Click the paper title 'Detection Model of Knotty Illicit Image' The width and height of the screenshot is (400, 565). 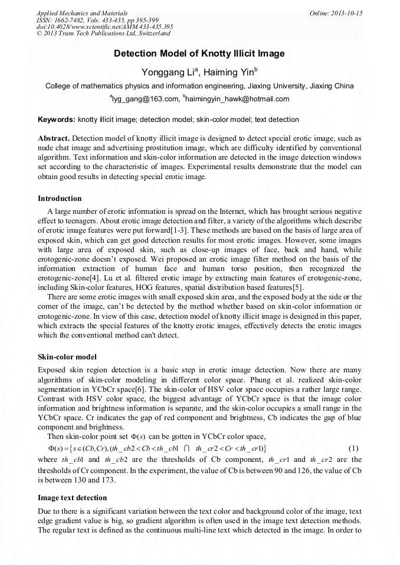199,54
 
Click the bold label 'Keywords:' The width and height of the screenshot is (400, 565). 57,120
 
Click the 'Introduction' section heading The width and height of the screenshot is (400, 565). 60,199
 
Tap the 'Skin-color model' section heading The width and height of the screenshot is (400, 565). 67,357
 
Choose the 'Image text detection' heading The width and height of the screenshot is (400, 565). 72,498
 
